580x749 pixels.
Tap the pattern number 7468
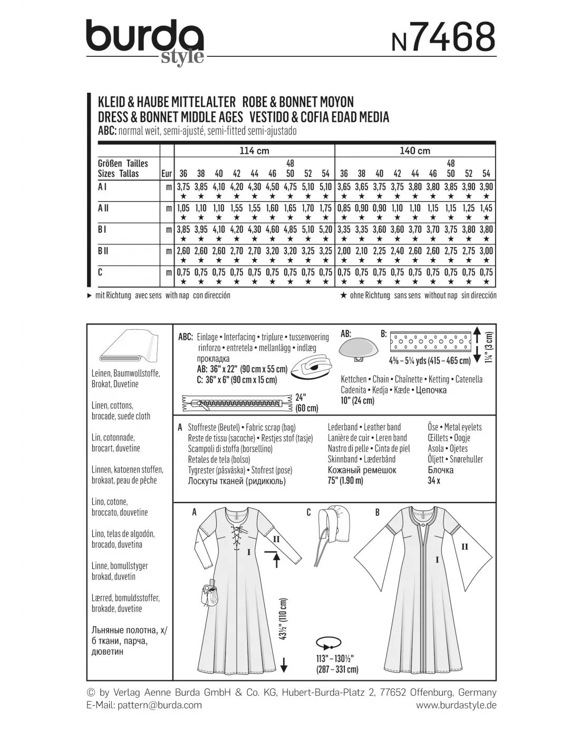[x=443, y=38]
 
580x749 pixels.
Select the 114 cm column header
[x=254, y=151]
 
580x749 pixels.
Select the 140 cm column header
[x=415, y=151]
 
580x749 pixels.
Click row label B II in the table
[x=104, y=251]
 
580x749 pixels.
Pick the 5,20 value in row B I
[x=326, y=230]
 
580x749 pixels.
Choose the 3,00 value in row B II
[x=486, y=251]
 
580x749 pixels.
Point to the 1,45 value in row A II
[x=486, y=208]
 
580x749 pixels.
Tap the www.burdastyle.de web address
[x=456, y=705]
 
